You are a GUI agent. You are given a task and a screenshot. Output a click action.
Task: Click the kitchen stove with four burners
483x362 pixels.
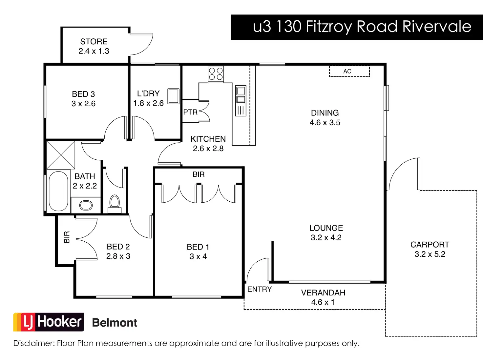pos(216,74)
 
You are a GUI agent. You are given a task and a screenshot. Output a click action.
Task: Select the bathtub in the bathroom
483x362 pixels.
pos(58,191)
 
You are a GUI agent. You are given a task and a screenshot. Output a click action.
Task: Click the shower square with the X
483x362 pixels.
pos(61,155)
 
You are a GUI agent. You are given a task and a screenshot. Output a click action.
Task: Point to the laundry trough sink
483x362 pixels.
pos(174,96)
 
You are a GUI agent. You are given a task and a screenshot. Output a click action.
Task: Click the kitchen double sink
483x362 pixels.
pos(241,95)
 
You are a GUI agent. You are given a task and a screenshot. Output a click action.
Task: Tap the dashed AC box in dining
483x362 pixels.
pos(349,71)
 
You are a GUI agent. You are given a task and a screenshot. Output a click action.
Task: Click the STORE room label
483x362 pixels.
pos(94,42)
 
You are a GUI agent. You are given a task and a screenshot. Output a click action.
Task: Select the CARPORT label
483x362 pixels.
pos(430,245)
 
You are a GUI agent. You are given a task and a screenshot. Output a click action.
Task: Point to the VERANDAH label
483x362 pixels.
pos(323,293)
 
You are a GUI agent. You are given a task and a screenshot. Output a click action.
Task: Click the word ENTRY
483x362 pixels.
pos(260,289)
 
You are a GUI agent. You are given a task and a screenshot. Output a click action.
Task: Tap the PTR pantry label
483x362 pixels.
pos(190,112)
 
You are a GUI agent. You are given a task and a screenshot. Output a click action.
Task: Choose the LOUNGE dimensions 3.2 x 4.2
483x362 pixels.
pos(326,238)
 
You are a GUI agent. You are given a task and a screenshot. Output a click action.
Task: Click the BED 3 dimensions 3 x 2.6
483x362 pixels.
pos(83,104)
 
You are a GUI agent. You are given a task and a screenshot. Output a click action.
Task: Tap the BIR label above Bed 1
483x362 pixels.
pos(199,174)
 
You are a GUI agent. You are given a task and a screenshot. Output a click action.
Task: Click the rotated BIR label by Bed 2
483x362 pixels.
pos(67,237)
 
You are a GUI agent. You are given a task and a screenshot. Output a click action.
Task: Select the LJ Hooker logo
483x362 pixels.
pos(49,322)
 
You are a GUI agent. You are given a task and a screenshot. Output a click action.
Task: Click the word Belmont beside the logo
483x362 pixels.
pos(115,323)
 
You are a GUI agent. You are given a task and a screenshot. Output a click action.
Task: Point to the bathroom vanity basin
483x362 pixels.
pos(86,205)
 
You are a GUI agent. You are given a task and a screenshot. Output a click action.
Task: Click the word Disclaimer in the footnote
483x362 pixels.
pos(34,343)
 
